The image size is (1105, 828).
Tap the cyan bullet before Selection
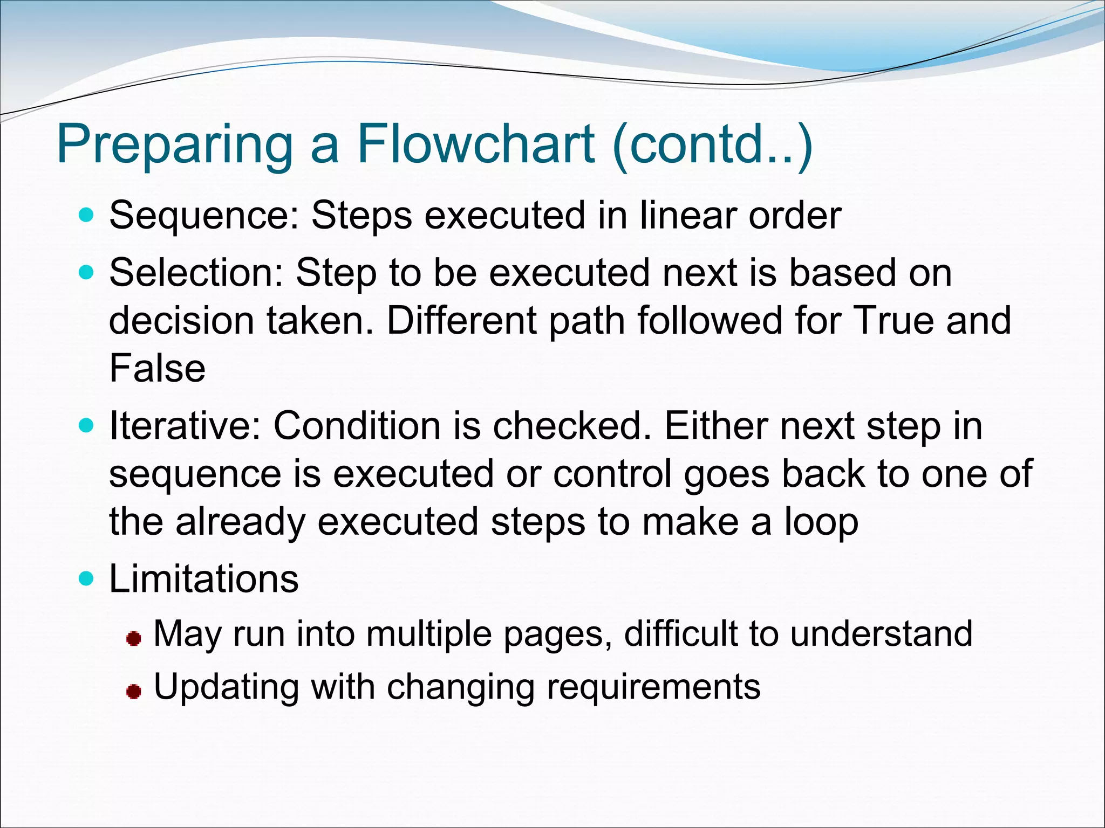[x=86, y=273]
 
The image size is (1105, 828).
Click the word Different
[x=462, y=320]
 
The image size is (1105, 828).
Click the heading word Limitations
[x=203, y=579]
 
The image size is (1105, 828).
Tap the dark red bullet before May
[x=134, y=639]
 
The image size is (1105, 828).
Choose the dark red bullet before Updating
[x=134, y=692]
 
